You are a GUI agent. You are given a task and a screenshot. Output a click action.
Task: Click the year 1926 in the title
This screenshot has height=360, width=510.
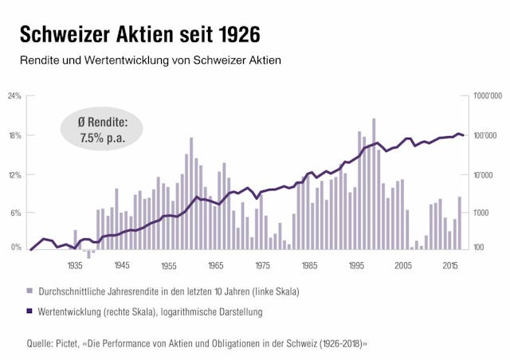pyautogui.click(x=233, y=35)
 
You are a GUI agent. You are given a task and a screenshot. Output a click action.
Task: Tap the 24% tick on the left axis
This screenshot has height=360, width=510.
pyautogui.click(x=14, y=96)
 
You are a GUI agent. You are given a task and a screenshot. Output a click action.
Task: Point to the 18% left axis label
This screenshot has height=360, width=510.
pyautogui.click(x=14, y=135)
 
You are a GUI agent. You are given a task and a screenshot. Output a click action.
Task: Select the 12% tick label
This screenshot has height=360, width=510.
pyautogui.click(x=14, y=174)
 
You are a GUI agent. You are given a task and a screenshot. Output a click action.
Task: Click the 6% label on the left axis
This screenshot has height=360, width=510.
pyautogui.click(x=16, y=213)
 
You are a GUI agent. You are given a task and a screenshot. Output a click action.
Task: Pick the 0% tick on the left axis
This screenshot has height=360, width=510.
pyautogui.click(x=16, y=248)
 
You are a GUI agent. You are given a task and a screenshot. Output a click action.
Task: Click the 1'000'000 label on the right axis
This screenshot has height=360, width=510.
pyautogui.click(x=487, y=96)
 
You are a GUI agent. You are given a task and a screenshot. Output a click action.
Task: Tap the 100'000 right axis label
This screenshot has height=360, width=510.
pyautogui.click(x=485, y=135)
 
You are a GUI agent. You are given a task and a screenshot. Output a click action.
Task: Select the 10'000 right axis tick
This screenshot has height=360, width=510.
pyautogui.click(x=484, y=174)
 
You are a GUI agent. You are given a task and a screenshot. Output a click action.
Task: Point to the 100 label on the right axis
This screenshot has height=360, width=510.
pyautogui.click(x=478, y=248)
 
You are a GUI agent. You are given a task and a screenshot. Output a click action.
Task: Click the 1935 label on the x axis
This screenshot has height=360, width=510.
pyautogui.click(x=76, y=266)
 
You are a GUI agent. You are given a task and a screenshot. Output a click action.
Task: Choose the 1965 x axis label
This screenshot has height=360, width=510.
pyautogui.click(x=215, y=266)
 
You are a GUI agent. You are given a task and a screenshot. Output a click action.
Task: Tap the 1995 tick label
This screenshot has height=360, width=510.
pyautogui.click(x=355, y=266)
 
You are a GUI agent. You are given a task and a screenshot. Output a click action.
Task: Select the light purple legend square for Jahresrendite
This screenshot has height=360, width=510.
pyautogui.click(x=29, y=292)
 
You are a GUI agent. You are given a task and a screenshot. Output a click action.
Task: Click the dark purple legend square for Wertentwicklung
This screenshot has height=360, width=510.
pyautogui.click(x=29, y=312)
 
